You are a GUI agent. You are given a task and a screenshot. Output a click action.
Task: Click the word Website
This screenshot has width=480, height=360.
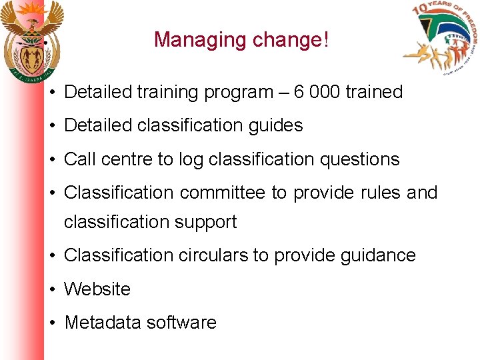pyautogui.click(x=97, y=289)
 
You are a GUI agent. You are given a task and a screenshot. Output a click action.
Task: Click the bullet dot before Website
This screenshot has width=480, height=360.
pyautogui.click(x=51, y=289)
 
